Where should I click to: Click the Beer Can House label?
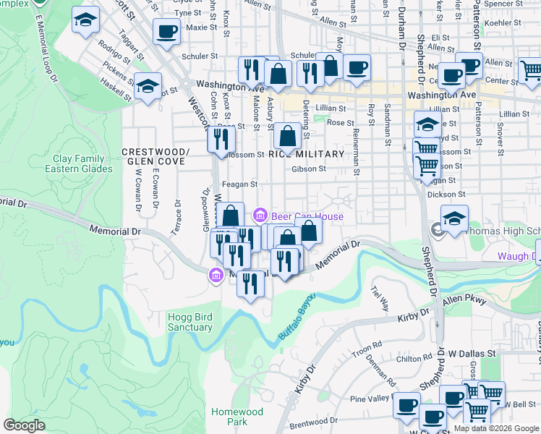coord(307,216)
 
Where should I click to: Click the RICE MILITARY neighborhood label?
coord(306,155)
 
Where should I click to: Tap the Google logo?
coord(24,425)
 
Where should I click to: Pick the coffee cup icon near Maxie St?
coord(166,32)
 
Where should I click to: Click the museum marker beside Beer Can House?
coord(260,216)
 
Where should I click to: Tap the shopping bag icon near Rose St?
coord(288,135)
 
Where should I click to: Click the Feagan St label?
coord(239,184)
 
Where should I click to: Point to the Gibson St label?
coord(309,169)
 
